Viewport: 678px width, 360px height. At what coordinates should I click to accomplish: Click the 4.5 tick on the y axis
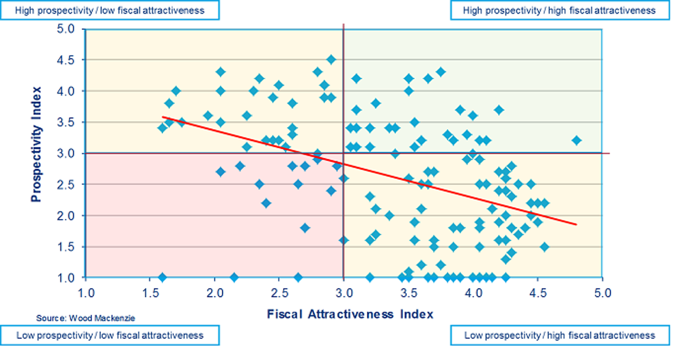66,60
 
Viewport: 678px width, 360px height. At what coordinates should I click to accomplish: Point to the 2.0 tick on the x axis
215,293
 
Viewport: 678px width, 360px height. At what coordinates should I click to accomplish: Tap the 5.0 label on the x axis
602,293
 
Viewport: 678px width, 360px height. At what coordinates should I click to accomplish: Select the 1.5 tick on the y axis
66,247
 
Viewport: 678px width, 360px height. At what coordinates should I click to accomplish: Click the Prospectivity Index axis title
36,144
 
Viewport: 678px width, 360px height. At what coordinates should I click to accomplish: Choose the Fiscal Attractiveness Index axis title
350,314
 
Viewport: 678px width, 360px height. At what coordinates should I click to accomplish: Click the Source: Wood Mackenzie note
86,318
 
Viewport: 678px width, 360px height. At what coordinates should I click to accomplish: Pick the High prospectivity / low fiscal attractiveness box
110,10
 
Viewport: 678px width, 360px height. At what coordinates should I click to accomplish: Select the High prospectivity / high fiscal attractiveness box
559,10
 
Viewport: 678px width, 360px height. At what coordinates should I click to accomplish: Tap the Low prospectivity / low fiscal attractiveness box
110,335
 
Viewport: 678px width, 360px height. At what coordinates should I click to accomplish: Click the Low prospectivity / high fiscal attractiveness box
559,335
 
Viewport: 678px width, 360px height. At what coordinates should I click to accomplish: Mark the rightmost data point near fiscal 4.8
576,140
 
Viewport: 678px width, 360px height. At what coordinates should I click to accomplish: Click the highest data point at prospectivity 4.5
331,59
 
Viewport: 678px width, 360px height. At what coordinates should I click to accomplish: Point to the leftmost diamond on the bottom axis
162,278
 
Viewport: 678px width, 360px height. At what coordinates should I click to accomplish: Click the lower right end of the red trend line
576,224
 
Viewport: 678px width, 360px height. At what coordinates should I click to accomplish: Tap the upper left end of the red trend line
163,117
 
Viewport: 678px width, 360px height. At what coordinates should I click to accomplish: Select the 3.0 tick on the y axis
66,154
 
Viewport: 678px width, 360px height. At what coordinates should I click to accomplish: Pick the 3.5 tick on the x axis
409,293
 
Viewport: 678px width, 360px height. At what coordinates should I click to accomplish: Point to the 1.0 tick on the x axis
86,293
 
